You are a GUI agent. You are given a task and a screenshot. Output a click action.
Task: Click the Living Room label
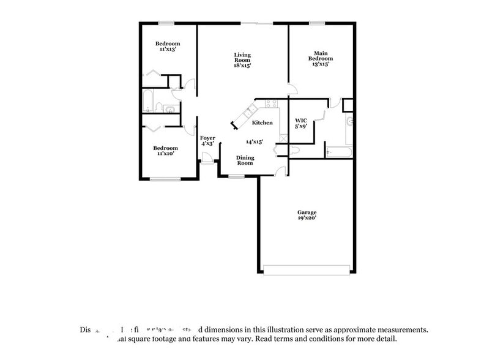click(x=242, y=57)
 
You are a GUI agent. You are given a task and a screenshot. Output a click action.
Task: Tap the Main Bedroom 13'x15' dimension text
click(x=321, y=64)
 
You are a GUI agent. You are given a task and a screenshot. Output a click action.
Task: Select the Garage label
click(x=307, y=212)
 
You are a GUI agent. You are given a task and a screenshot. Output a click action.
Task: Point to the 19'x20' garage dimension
click(x=307, y=217)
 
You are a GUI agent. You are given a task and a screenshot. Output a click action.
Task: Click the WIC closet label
click(x=300, y=120)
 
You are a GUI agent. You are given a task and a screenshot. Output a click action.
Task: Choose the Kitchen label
click(x=262, y=123)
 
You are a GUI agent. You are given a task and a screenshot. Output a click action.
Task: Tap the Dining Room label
click(x=245, y=160)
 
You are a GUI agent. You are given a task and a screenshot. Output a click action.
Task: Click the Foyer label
click(x=207, y=138)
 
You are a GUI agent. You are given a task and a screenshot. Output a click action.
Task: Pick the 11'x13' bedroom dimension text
click(x=167, y=49)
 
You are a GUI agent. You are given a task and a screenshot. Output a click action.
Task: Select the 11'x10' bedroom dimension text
click(x=165, y=153)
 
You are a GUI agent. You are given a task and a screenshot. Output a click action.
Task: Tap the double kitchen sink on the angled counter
click(x=251, y=111)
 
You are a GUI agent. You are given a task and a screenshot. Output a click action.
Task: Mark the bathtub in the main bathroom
click(x=338, y=151)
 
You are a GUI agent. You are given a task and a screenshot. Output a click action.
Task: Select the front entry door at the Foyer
click(x=208, y=158)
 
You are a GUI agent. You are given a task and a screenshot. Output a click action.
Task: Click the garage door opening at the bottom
click(x=307, y=269)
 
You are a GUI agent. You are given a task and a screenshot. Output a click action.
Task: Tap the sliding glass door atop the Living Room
click(x=257, y=23)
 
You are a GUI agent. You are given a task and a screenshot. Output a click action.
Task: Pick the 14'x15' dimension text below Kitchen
click(x=254, y=141)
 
